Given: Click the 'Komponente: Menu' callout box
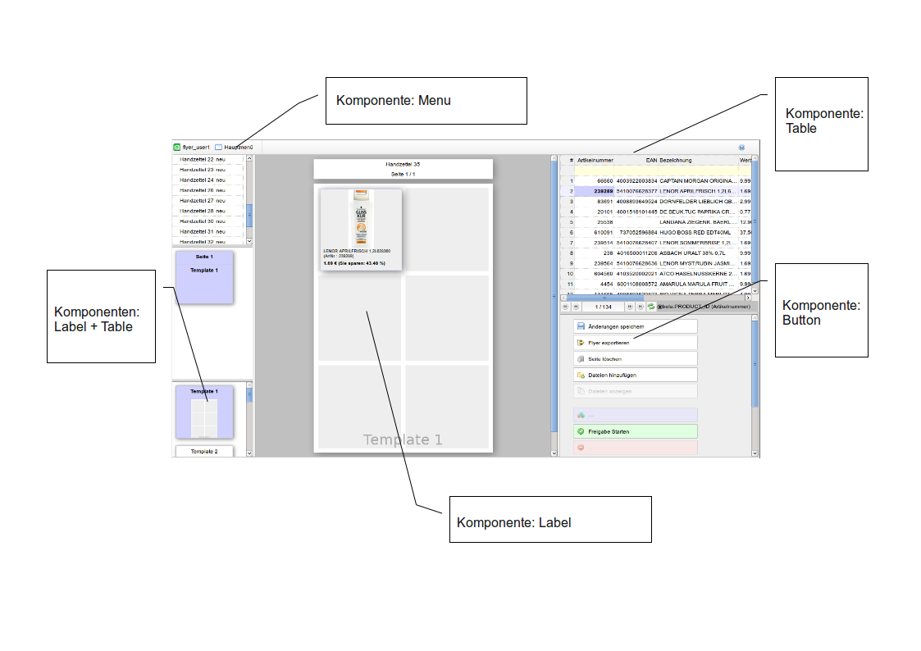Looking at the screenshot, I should click(426, 101).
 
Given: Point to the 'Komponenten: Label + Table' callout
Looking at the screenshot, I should click(101, 316).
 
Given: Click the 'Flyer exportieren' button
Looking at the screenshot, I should click(636, 343).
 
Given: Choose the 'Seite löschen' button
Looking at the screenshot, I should click(636, 358).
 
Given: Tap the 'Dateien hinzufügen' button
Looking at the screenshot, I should click(636, 375).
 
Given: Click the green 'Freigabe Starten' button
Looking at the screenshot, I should click(636, 431).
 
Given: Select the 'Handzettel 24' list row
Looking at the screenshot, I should click(208, 180).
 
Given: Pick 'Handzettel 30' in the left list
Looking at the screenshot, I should click(208, 221).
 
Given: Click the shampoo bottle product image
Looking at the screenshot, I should click(361, 218).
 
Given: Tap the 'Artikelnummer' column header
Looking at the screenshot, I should click(595, 160).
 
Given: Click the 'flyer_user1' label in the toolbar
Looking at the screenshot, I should click(196, 147).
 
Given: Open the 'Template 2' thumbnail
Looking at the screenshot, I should click(204, 452).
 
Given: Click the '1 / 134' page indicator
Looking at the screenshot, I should click(603, 307).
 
